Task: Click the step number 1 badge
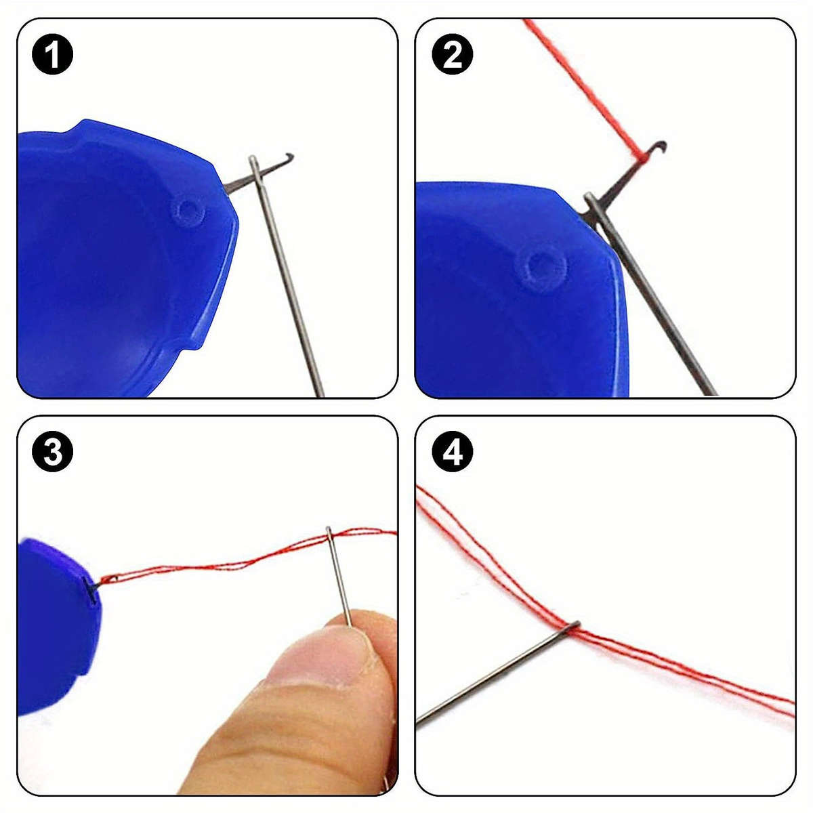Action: tap(52, 55)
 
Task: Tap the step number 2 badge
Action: tap(452, 55)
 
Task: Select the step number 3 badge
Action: tap(52, 453)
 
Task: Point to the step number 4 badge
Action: tap(452, 453)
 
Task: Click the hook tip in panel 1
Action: tap(289, 157)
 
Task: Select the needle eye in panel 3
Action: tap(329, 535)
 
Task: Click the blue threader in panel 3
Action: tap(54, 623)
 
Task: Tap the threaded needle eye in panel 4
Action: tap(573, 627)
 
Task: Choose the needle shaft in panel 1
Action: tap(291, 285)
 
